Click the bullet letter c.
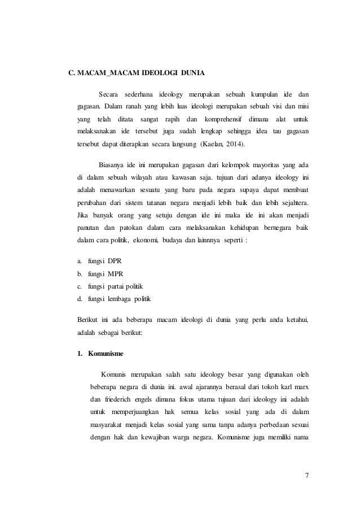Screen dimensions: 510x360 coord(80,286)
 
